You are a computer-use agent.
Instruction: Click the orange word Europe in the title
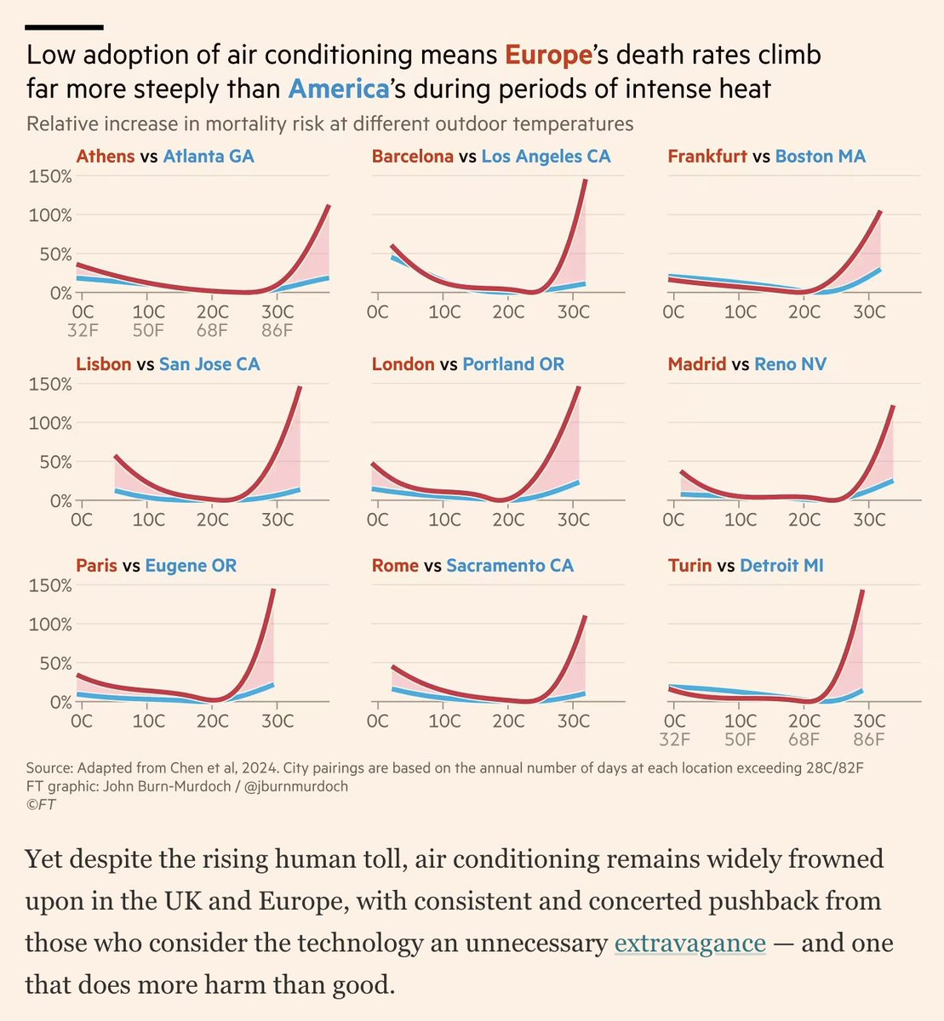(548, 55)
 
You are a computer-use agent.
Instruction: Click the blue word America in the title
(339, 89)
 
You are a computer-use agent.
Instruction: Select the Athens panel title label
(106, 157)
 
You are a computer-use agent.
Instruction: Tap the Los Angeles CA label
(546, 157)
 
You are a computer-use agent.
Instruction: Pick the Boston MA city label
(820, 157)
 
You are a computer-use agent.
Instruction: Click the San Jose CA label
(209, 364)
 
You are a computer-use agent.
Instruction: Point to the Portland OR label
(513, 364)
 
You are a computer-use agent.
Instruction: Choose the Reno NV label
(790, 364)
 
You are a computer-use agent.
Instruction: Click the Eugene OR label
(191, 566)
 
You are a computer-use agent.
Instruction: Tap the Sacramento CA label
(510, 566)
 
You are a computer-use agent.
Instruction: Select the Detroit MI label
(781, 566)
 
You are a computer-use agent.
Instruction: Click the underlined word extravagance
(690, 943)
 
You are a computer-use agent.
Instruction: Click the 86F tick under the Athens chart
(277, 330)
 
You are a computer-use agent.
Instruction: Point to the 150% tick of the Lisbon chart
(50, 384)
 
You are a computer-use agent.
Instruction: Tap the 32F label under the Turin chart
(674, 739)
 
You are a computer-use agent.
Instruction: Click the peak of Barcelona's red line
(586, 180)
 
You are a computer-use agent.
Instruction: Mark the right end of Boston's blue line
(879, 269)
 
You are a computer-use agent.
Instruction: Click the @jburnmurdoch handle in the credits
(296, 786)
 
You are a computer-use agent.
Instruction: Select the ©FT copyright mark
(41, 804)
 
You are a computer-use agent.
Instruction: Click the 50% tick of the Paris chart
(55, 663)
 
